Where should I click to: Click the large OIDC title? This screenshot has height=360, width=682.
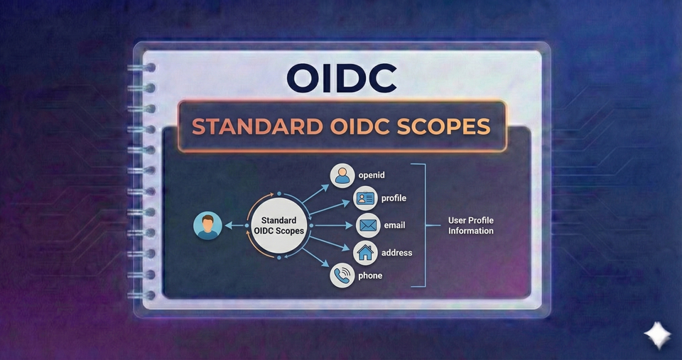341,78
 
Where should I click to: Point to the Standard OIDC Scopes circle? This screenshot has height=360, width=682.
278,225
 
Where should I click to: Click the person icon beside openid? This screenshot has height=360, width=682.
343,175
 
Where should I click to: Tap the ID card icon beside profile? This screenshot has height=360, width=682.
365,198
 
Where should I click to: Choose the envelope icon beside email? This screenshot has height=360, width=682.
368,225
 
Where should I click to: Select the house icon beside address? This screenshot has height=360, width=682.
365,252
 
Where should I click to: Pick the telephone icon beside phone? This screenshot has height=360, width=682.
342,276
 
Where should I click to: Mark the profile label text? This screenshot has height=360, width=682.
394,198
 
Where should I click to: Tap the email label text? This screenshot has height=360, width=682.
394,225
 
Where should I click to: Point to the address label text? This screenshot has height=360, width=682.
396,252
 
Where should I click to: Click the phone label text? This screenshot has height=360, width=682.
369,276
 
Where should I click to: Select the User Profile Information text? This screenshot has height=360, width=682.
470,225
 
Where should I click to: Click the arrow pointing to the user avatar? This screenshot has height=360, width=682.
236,226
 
